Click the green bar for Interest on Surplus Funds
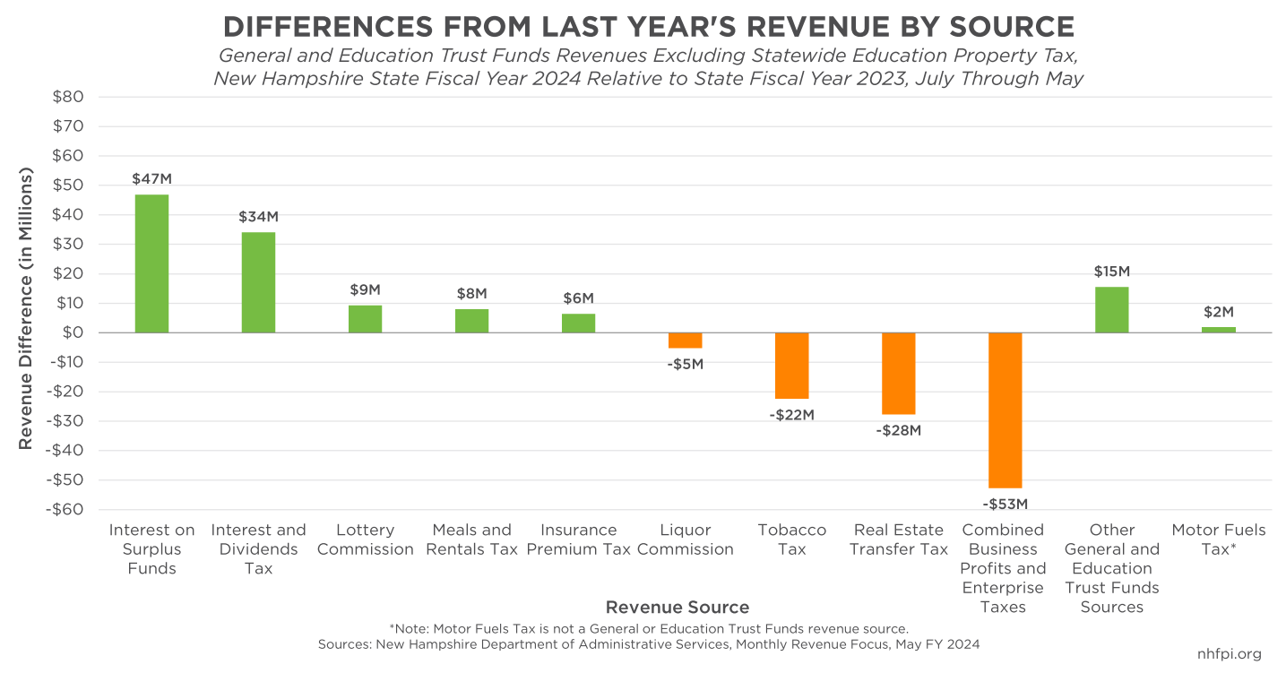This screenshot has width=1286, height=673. click(x=151, y=263)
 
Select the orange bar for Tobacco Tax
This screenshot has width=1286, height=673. click(x=791, y=366)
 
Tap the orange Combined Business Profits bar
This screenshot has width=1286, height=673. click(x=1005, y=410)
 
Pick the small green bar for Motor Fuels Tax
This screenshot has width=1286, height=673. click(x=1219, y=330)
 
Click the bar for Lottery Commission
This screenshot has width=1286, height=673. click(x=365, y=319)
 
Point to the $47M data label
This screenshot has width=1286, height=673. click(x=150, y=178)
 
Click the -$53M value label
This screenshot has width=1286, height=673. click(x=1005, y=504)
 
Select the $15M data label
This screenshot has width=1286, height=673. click(x=1111, y=271)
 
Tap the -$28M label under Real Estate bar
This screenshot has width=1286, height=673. click(x=898, y=430)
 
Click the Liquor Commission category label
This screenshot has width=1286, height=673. click(x=685, y=539)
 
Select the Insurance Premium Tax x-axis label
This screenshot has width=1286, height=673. click(x=578, y=539)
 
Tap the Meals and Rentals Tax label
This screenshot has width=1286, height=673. click(x=471, y=539)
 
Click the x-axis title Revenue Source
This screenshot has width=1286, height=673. click(x=677, y=608)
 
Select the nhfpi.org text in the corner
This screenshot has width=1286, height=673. click(x=1229, y=653)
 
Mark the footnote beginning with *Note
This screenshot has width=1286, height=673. click(x=649, y=628)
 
